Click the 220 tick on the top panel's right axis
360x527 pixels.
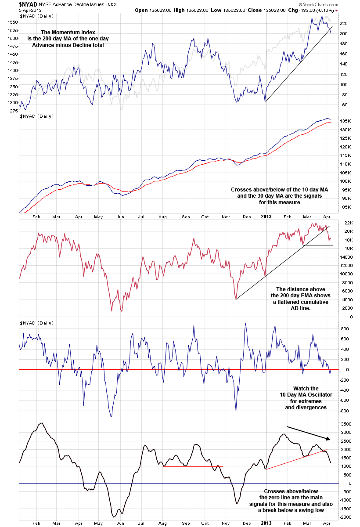coord(343,23)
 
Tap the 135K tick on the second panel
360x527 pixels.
coord(345,121)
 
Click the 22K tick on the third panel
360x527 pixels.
coord(345,223)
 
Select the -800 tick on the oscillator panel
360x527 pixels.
coord(344,411)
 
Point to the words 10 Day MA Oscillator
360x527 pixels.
coord(306,395)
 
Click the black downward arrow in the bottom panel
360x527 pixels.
coord(308,433)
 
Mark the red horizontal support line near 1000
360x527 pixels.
coord(193,466)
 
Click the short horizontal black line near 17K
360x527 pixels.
coord(318,245)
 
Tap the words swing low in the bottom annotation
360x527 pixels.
coord(305,510)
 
